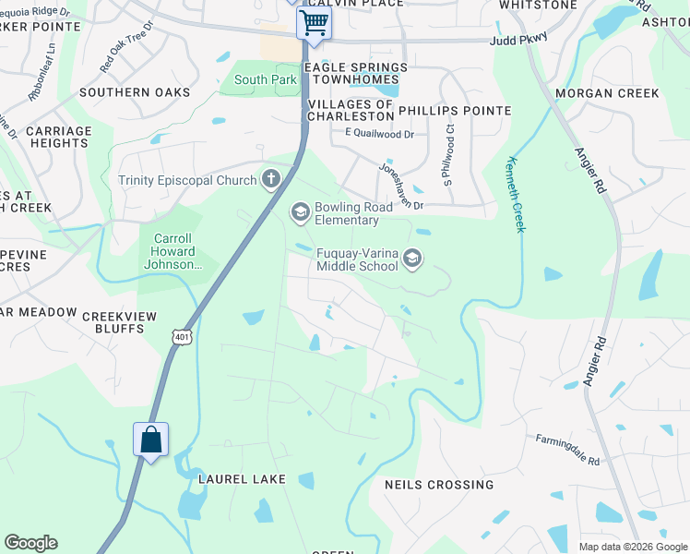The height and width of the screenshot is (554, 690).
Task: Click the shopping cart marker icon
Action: tap(315, 22)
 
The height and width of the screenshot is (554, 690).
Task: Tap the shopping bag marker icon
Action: tap(151, 440)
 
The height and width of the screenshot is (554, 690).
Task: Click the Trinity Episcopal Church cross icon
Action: tap(270, 179)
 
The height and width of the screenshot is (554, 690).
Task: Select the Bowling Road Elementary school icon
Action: tap(300, 213)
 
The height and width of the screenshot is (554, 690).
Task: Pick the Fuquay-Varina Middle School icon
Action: tap(412, 259)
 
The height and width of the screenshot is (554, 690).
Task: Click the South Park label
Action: tap(266, 80)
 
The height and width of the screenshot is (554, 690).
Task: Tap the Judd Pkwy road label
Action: tap(518, 39)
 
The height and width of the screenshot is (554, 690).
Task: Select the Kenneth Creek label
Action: tap(514, 194)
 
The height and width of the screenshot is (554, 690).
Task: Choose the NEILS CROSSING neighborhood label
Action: tap(439, 485)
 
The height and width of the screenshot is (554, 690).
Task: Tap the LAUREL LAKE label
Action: tap(243, 479)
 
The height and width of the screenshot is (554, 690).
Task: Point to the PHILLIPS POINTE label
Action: tap(455, 111)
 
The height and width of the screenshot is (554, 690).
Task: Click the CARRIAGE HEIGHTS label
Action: tap(58, 138)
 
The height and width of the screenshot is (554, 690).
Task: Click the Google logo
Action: tap(30, 543)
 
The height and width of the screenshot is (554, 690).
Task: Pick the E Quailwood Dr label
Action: tap(380, 134)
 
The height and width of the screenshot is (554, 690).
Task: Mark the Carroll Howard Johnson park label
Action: tap(173, 251)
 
